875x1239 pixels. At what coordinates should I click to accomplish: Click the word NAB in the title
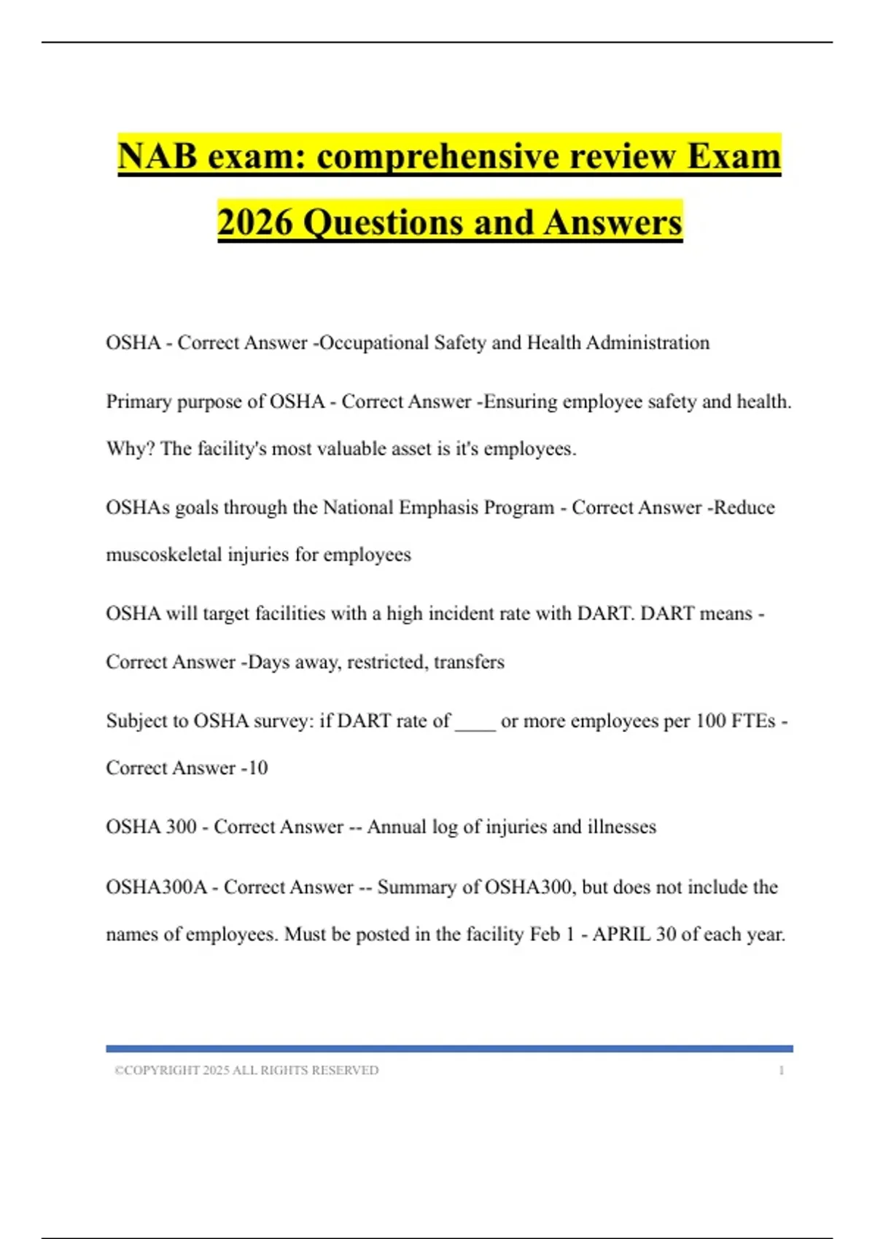(157, 157)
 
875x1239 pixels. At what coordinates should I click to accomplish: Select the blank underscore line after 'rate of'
(475, 722)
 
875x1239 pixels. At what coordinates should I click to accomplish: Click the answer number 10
(257, 768)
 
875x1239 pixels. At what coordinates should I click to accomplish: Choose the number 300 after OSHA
(181, 826)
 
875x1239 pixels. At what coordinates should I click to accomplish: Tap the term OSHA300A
(156, 887)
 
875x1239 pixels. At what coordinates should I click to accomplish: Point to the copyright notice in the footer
(246, 1070)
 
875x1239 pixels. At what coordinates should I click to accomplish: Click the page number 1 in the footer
(782, 1070)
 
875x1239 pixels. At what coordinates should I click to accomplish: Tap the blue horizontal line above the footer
(449, 1048)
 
